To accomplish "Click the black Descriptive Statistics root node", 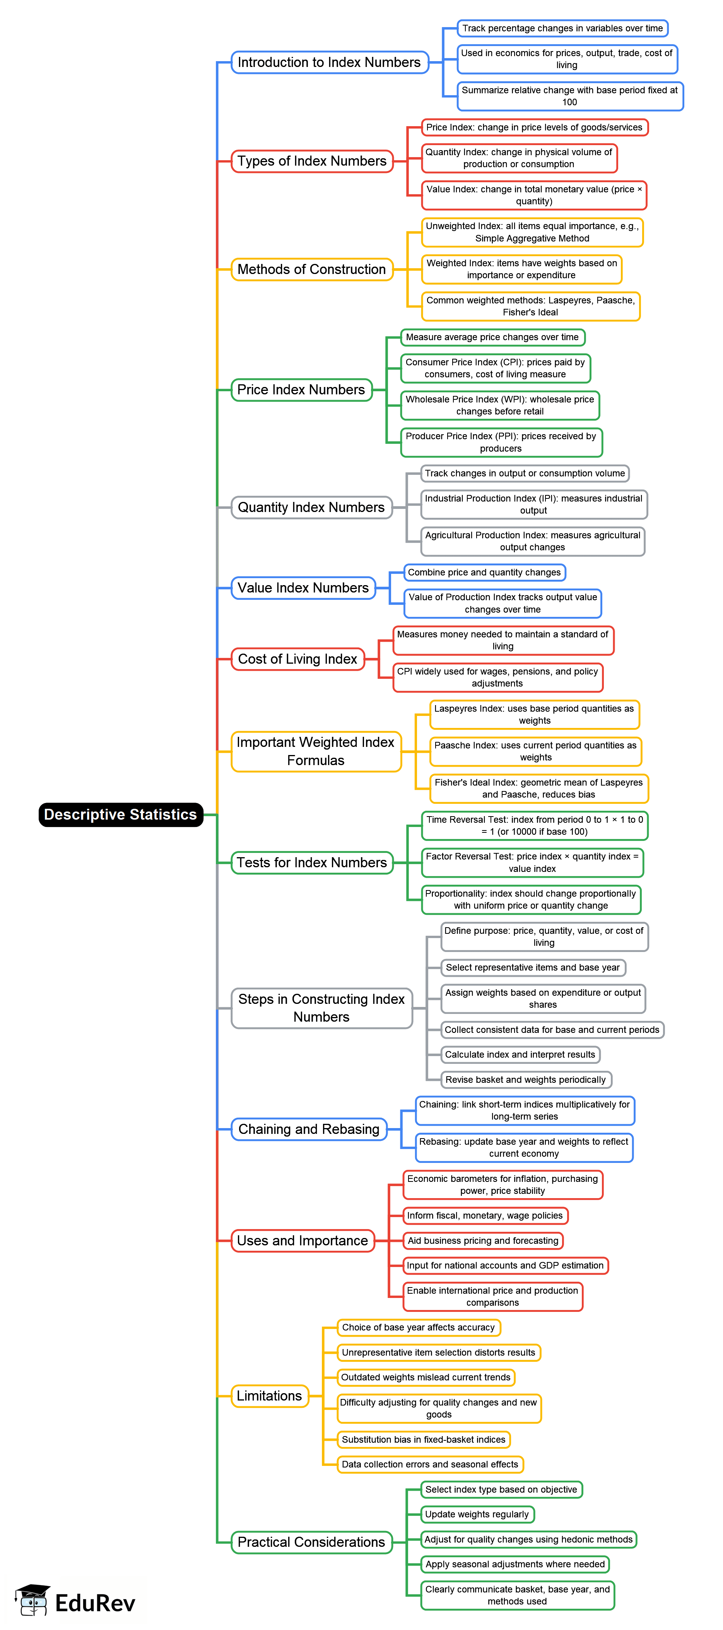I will (x=120, y=814).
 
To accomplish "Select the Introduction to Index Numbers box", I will (x=329, y=62).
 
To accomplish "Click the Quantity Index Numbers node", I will (x=311, y=507).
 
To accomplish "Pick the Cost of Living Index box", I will (x=297, y=659).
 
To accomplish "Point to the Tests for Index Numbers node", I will (x=312, y=863).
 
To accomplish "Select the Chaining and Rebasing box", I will (x=309, y=1129).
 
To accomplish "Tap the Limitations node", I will (x=270, y=1395).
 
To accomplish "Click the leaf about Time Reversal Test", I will (x=535, y=825).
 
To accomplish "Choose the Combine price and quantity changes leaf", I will (x=484, y=572).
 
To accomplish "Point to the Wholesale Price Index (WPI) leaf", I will (x=500, y=405).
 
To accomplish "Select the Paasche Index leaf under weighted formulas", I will (x=535, y=751).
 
